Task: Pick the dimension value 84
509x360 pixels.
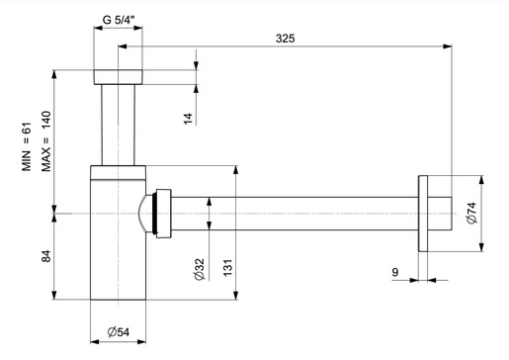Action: click(45, 256)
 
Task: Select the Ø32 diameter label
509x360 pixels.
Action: click(199, 270)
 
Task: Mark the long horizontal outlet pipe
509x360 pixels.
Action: click(297, 213)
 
